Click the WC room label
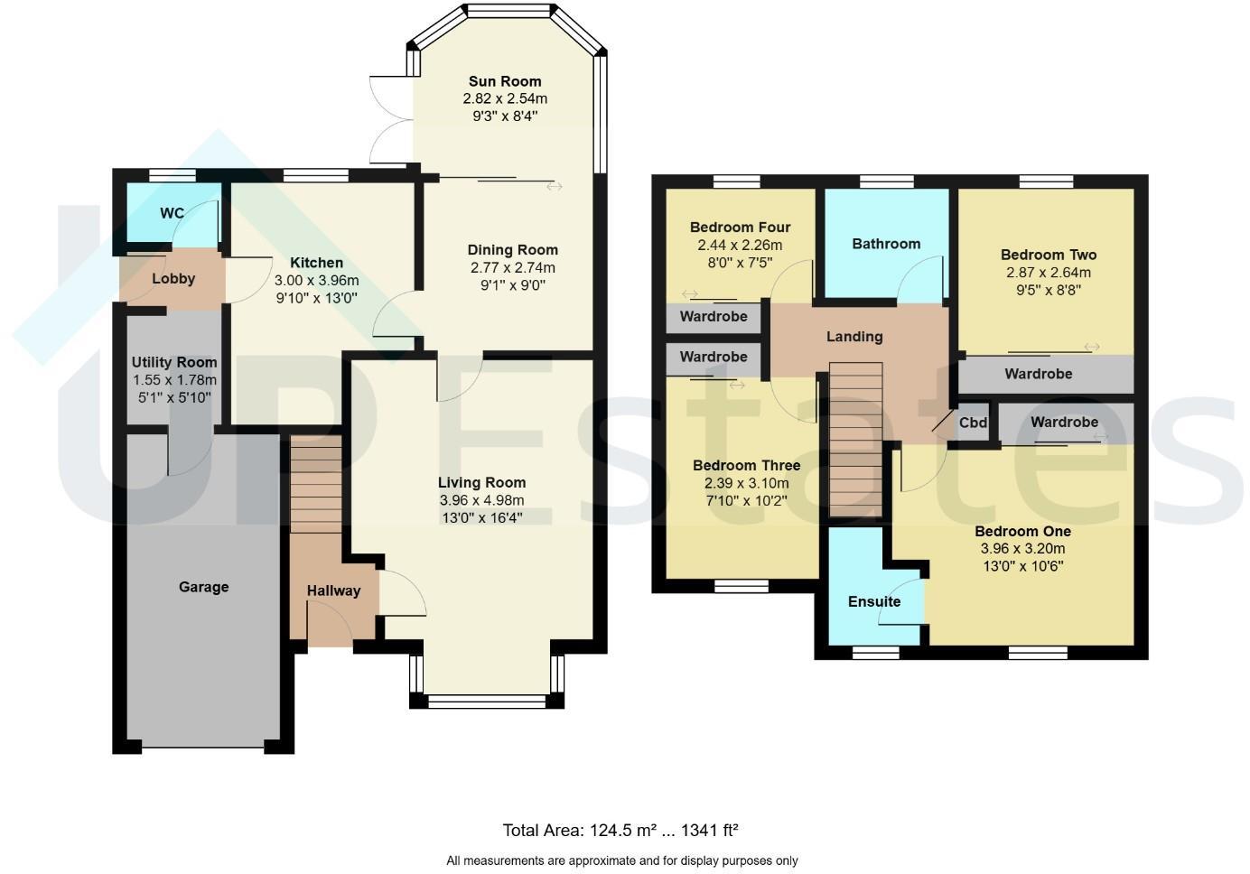click(172, 213)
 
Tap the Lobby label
click(173, 278)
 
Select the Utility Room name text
click(174, 362)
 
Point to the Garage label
click(203, 587)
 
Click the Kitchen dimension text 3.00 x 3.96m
click(316, 280)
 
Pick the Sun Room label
click(505, 81)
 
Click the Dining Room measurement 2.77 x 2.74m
click(512, 267)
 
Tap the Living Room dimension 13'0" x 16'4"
click(481, 517)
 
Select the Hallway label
click(333, 590)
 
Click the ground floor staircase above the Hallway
click(316, 483)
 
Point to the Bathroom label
click(886, 244)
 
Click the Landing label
click(854, 337)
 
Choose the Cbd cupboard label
click(973, 423)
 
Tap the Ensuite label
click(873, 601)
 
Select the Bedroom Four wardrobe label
click(714, 317)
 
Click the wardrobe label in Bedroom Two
click(1038, 374)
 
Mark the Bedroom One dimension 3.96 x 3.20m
click(1022, 548)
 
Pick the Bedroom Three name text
click(746, 466)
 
